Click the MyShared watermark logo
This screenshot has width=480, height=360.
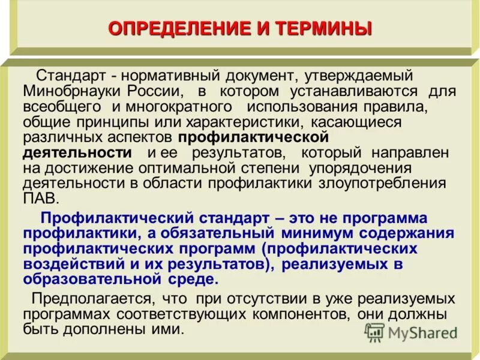click(411, 333)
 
